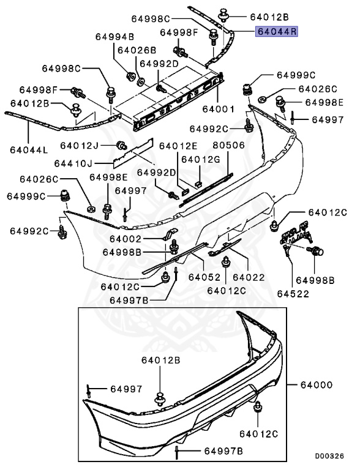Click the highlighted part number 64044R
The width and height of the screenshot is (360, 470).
[x=276, y=31]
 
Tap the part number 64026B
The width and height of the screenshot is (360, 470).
[x=137, y=50]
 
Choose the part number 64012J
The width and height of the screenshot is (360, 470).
[x=79, y=145]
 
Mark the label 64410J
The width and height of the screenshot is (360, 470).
[x=73, y=163]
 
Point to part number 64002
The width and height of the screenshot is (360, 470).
[x=126, y=239]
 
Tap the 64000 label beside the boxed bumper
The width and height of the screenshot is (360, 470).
[x=316, y=385]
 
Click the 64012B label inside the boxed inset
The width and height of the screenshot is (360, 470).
[x=160, y=361]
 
